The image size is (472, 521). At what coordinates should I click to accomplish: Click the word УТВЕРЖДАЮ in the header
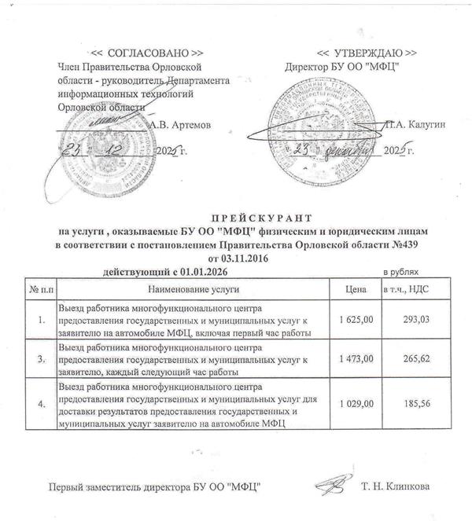tap(356, 52)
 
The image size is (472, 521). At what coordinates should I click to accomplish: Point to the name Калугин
tap(404, 124)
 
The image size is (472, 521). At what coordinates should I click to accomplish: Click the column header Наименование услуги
tap(191, 290)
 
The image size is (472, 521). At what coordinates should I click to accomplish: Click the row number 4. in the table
tap(40, 403)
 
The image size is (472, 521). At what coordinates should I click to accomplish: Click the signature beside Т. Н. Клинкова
tap(330, 482)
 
